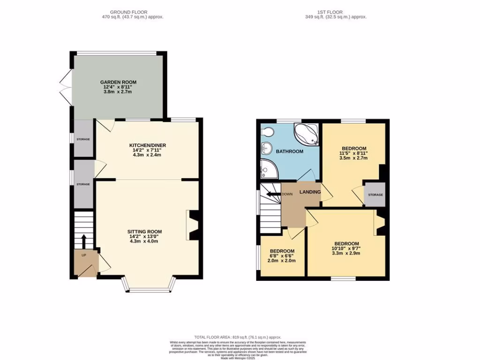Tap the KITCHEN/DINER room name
[148, 145]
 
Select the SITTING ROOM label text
[144, 232]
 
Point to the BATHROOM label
[289, 151]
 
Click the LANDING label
[310, 192]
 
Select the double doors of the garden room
[66, 87]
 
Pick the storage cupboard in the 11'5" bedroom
[375, 195]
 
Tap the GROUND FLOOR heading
[128, 12]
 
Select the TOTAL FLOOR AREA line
[238, 337]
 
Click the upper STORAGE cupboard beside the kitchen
[83, 139]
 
